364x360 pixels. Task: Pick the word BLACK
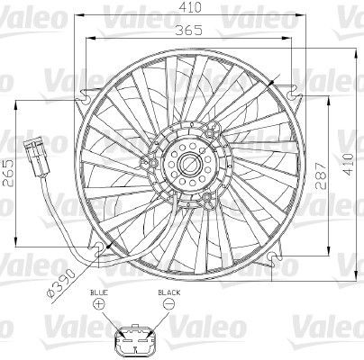[x=168, y=293]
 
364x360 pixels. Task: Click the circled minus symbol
[x=168, y=307]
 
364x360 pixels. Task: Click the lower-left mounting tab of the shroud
[x=90, y=244]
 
